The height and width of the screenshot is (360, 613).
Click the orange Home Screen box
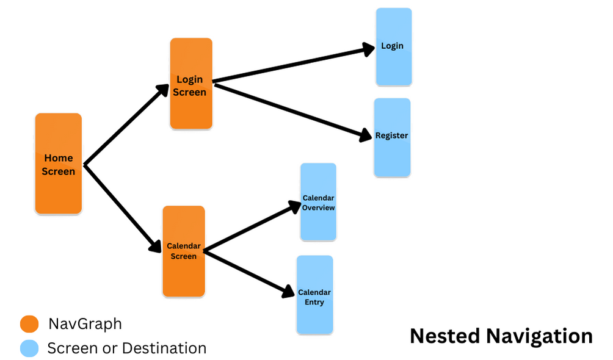point(58,164)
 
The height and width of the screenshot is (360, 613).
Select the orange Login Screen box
point(191,84)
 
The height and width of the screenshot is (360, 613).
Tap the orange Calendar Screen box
point(183,251)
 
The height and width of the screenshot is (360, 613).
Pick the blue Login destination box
point(393,46)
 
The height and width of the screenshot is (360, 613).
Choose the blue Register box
point(392,137)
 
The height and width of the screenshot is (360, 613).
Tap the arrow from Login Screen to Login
point(293,64)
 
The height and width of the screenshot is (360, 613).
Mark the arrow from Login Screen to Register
point(293,110)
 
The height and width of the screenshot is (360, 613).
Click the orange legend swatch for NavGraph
point(29,325)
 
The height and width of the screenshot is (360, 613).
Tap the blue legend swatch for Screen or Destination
point(29,348)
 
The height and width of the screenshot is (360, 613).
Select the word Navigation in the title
point(537,336)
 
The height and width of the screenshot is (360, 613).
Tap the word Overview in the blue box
point(319,208)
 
